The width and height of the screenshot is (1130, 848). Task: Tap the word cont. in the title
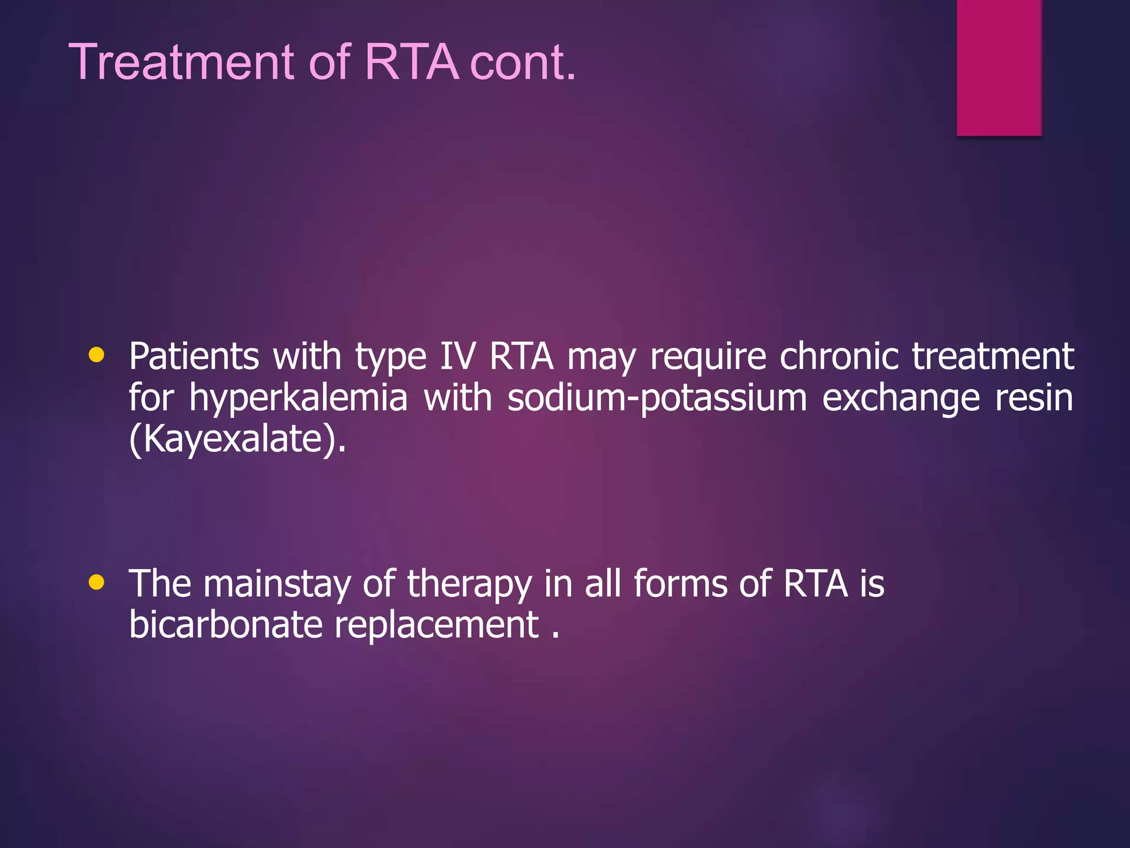click(523, 62)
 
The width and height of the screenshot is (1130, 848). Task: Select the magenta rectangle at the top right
click(999, 67)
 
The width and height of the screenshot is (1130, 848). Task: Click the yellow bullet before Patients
click(97, 355)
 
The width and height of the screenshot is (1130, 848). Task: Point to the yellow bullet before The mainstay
click(97, 582)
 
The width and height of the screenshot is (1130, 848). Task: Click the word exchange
click(901, 399)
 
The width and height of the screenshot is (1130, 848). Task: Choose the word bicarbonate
click(226, 625)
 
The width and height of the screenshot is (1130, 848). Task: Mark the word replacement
click(436, 626)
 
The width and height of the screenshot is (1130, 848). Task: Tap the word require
click(708, 357)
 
